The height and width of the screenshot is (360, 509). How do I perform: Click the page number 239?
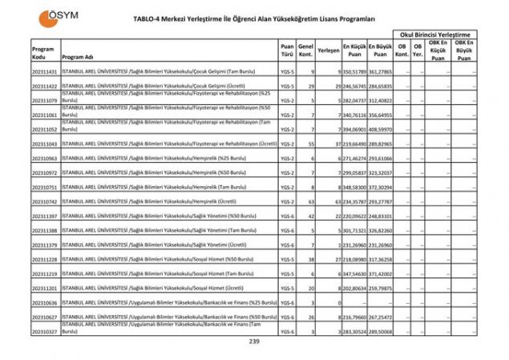(x=254, y=342)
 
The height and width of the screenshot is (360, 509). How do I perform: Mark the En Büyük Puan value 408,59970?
(x=380, y=129)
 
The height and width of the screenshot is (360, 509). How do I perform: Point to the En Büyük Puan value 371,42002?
(x=380, y=273)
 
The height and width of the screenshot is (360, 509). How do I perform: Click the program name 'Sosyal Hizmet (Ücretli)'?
(x=153, y=288)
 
